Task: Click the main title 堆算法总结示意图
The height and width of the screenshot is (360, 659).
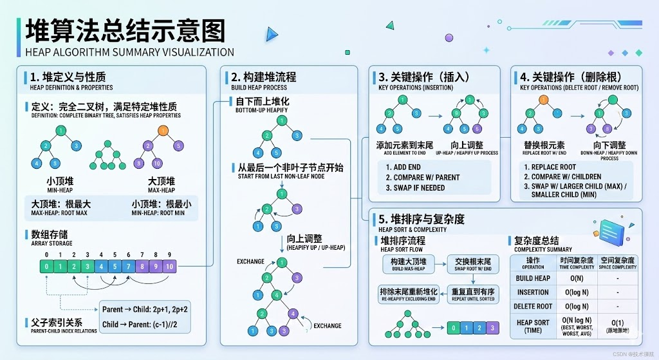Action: pyautogui.click(x=125, y=30)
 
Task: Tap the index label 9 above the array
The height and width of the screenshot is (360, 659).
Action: pyautogui.click(x=169, y=254)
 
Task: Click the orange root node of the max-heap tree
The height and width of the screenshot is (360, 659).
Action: pyautogui.click(x=163, y=131)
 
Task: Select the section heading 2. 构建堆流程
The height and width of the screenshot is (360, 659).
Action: pyautogui.click(x=265, y=77)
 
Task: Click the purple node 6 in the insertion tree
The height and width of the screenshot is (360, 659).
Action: pyautogui.click(x=478, y=128)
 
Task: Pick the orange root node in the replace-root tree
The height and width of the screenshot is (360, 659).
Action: pyautogui.click(x=544, y=100)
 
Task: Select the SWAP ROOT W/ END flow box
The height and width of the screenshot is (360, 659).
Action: pyautogui.click(x=473, y=263)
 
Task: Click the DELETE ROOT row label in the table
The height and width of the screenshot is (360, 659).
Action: pyautogui.click(x=534, y=307)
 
